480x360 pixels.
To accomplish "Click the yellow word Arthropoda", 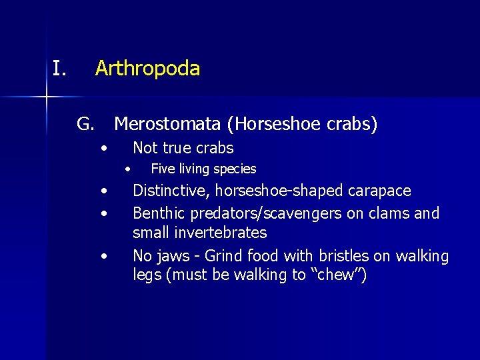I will point(147,68).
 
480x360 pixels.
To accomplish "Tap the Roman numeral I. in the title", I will point(60,68).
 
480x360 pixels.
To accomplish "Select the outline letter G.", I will point(85,124).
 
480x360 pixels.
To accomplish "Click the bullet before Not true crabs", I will point(104,148).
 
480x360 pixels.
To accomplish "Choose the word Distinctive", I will point(171,191).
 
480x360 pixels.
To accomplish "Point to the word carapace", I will point(380,191).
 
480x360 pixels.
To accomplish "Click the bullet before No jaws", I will point(104,256).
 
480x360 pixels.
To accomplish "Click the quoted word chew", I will point(339,275).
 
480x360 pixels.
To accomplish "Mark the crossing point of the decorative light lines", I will point(47,98).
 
